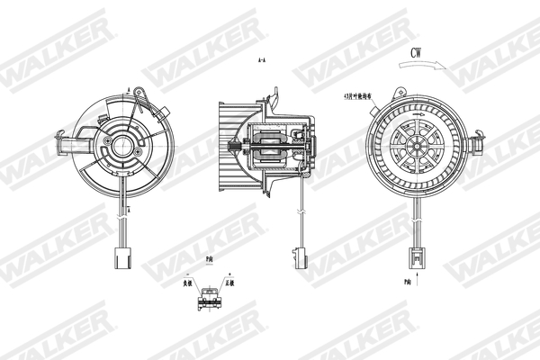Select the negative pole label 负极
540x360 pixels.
tap(187, 283)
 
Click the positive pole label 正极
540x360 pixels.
tap(230, 283)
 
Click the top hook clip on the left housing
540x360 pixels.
tap(130, 91)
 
